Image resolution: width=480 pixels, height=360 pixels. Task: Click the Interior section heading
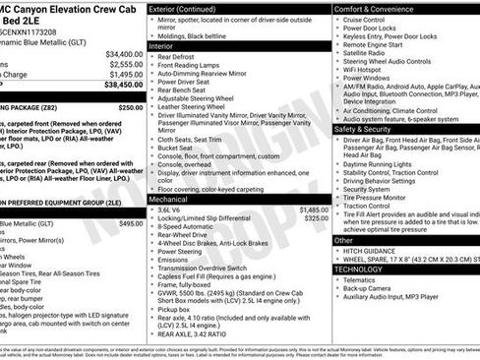pos(160,45)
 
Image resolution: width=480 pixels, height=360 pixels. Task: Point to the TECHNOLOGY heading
pos(358,269)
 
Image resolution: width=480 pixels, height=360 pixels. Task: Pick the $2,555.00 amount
pos(126,64)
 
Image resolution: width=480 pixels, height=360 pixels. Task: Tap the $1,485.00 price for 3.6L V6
pos(313,210)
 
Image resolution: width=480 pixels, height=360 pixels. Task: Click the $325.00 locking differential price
pos(316,218)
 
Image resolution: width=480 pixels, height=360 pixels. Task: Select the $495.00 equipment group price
pos(130,223)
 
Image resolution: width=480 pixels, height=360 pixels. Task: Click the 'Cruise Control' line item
pos(364,20)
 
